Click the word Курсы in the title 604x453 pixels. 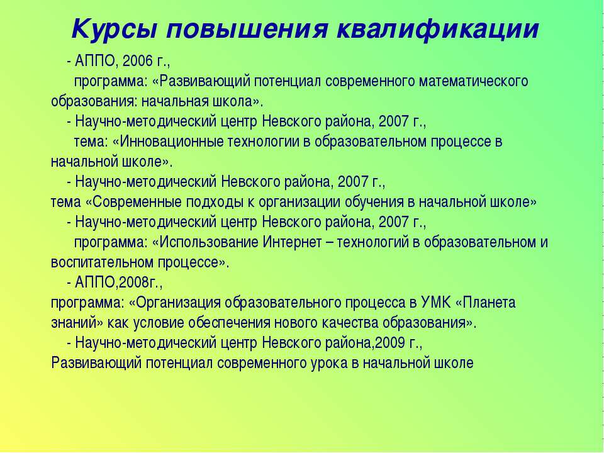pos(115,30)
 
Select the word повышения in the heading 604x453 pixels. pos(247,30)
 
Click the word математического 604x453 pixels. pos(473,82)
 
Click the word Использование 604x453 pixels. pos(208,242)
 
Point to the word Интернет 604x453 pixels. pos(292,242)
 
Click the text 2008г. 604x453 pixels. pos(139,282)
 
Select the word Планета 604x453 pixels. pos(489,303)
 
